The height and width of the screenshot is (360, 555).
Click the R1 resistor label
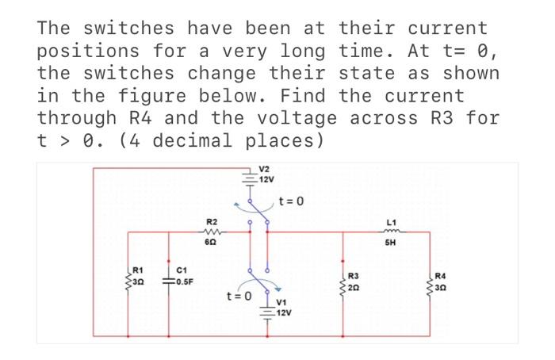138,272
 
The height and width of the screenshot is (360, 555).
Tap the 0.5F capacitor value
184,281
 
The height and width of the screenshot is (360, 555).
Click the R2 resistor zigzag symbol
211,232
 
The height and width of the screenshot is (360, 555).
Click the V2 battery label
266,170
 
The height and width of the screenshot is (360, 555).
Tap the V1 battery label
283,304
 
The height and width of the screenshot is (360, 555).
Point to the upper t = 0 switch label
290,201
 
